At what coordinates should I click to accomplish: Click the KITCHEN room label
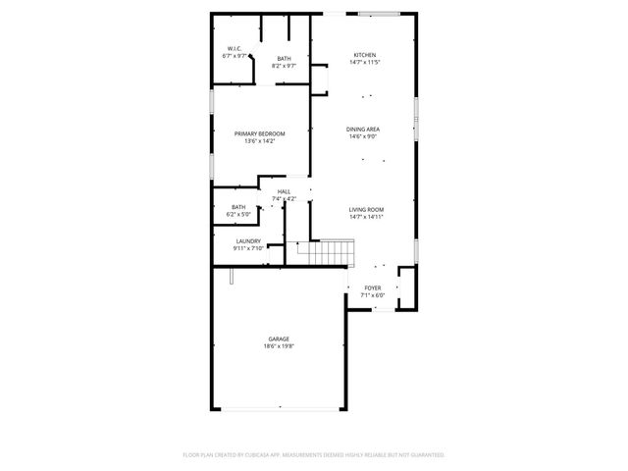point(364,55)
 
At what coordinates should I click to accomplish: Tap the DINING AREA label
point(363,130)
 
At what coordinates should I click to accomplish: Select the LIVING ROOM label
point(366,209)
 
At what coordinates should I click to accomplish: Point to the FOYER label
point(373,288)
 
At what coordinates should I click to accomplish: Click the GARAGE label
point(279,339)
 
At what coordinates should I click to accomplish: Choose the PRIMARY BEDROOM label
point(259,133)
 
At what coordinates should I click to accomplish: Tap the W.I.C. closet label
point(235,48)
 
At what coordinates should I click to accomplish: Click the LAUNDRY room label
point(248,240)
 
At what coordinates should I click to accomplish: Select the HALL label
point(284,191)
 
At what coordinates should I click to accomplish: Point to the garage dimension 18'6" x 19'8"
point(279,346)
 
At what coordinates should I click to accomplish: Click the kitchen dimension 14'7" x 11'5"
point(364,63)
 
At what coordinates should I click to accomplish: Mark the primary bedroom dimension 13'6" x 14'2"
point(259,141)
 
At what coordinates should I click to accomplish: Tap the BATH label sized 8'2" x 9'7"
point(284,58)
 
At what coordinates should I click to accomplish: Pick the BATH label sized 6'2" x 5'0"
point(238,207)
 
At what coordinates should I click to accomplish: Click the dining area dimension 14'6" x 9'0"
point(363,137)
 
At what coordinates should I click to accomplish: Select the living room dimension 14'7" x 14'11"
point(366,217)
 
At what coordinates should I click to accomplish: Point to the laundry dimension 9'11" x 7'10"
point(248,248)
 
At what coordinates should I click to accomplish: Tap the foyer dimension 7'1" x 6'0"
point(373,295)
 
